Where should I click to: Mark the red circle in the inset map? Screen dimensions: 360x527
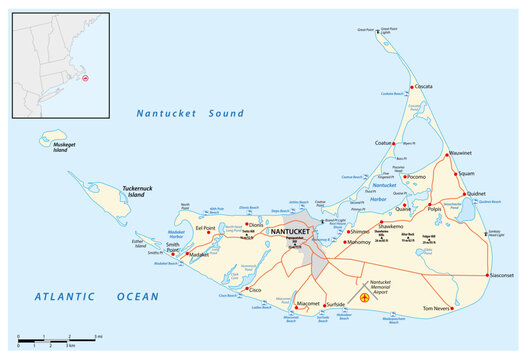(x=84, y=77)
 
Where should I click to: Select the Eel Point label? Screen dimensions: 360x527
(x=206, y=227)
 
